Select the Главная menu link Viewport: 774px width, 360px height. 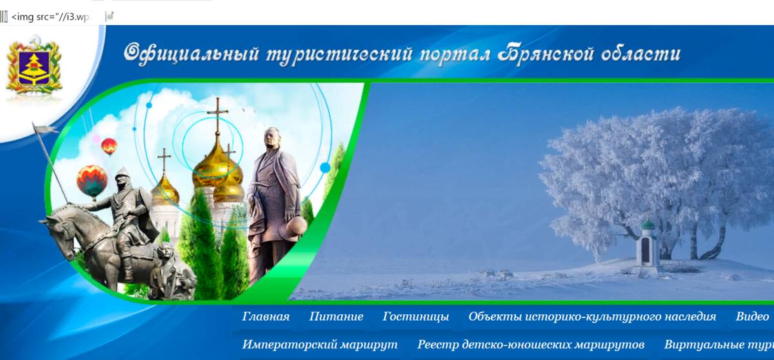click(266, 317)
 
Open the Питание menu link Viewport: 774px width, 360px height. click(336, 317)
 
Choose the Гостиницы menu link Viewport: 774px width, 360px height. click(415, 317)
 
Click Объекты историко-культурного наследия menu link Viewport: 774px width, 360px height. click(592, 317)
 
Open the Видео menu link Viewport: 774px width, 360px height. click(752, 317)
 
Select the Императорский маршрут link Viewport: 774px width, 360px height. click(320, 345)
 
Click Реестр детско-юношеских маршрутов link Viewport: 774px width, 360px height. click(531, 345)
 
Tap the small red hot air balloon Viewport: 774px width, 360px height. click(110, 146)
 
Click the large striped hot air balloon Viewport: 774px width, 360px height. click(92, 180)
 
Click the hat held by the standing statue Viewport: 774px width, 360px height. click(297, 226)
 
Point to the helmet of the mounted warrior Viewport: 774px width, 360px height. click(123, 174)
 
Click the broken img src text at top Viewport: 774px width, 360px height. click(48, 17)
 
